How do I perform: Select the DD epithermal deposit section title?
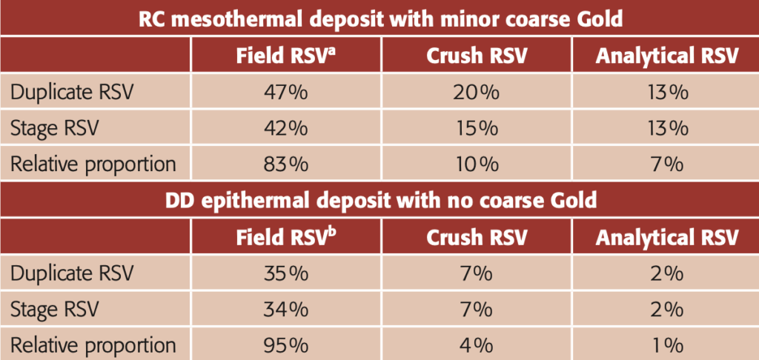[379, 200]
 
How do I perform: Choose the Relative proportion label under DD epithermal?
[93, 344]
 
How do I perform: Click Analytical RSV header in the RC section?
[667, 57]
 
